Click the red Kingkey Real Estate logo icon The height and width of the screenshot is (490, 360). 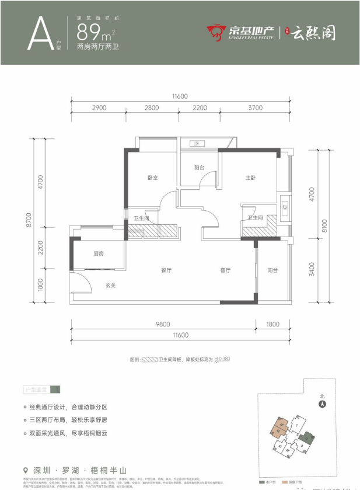point(215,33)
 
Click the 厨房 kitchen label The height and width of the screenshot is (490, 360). point(99,253)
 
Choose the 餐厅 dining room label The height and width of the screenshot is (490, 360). point(166,270)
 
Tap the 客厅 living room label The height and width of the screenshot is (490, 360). point(226,270)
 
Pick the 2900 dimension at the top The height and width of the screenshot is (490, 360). point(99,108)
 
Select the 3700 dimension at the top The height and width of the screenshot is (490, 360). point(254,108)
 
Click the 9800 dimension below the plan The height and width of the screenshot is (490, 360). point(162,324)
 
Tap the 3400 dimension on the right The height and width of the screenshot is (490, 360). point(313,269)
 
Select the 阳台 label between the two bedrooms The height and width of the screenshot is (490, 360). point(200,168)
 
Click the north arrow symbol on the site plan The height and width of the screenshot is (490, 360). point(321,402)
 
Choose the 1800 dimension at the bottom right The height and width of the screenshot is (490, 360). point(273,324)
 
